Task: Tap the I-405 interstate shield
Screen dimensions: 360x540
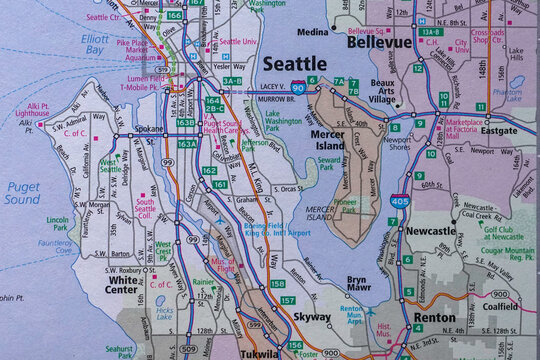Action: click(398, 203)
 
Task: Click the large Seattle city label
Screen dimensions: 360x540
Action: click(294, 64)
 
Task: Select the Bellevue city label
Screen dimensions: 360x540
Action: click(381, 43)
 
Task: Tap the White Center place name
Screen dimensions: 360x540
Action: click(127, 280)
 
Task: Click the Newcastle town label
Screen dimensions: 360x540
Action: click(431, 230)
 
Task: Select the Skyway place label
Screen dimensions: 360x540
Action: click(312, 317)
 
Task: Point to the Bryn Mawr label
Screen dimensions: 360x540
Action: click(357, 285)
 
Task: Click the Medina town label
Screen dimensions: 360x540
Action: click(312, 32)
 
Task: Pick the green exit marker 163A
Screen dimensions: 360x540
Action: click(186, 144)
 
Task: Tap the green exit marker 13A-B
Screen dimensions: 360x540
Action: click(431, 32)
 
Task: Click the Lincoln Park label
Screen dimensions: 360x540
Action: click(57, 222)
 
